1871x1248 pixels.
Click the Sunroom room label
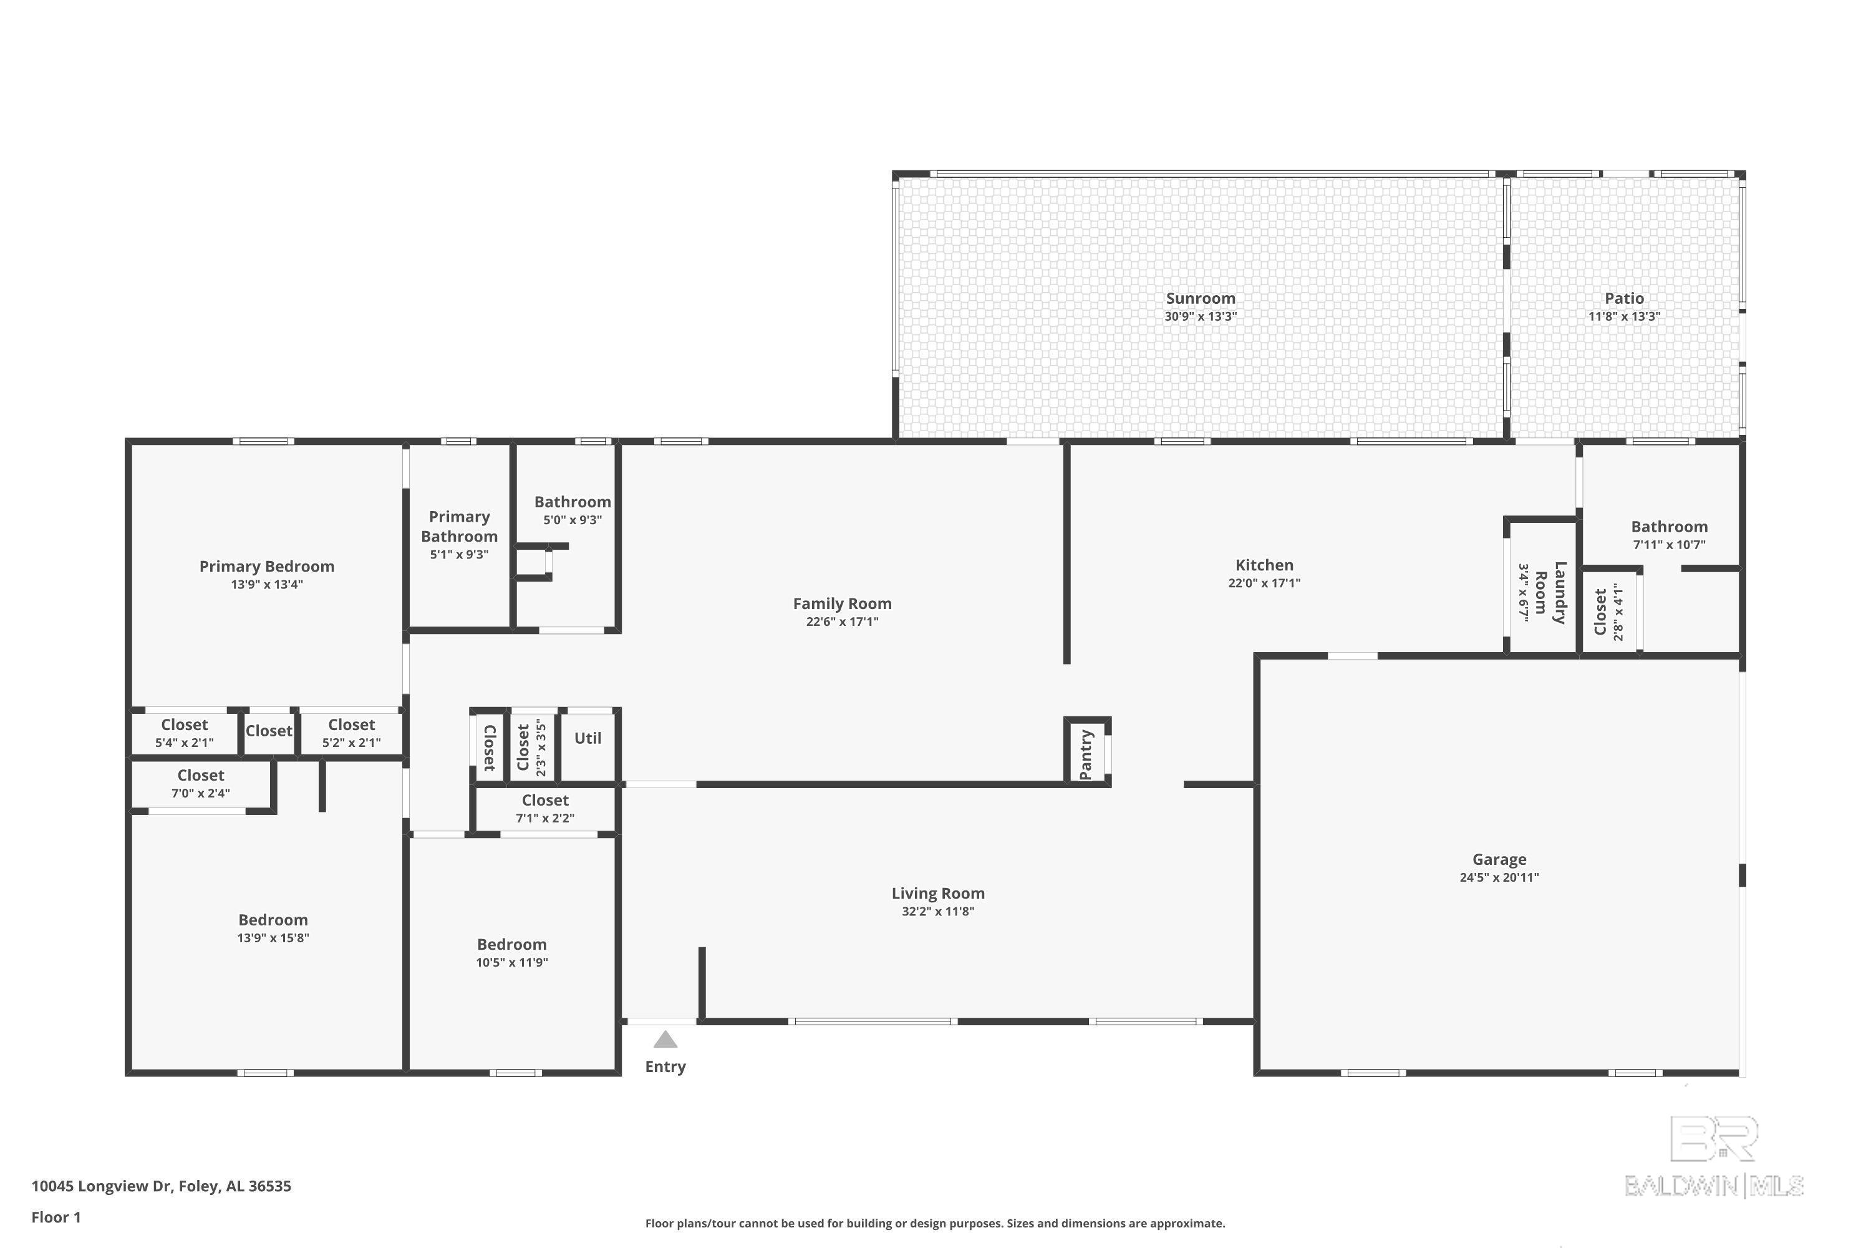[1201, 298]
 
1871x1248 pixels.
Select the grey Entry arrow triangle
[665, 1040]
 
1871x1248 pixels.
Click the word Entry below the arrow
[665, 1066]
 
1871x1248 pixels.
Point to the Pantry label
[1085, 754]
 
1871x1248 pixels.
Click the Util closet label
[588, 738]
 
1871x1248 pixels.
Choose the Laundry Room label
[1550, 592]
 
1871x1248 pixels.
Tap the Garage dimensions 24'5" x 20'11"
[1499, 877]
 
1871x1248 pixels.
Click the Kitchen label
[1264, 565]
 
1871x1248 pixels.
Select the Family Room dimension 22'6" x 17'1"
[841, 622]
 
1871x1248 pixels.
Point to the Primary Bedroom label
[266, 567]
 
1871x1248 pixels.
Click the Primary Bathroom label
[459, 526]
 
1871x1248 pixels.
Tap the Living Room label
[938, 894]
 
